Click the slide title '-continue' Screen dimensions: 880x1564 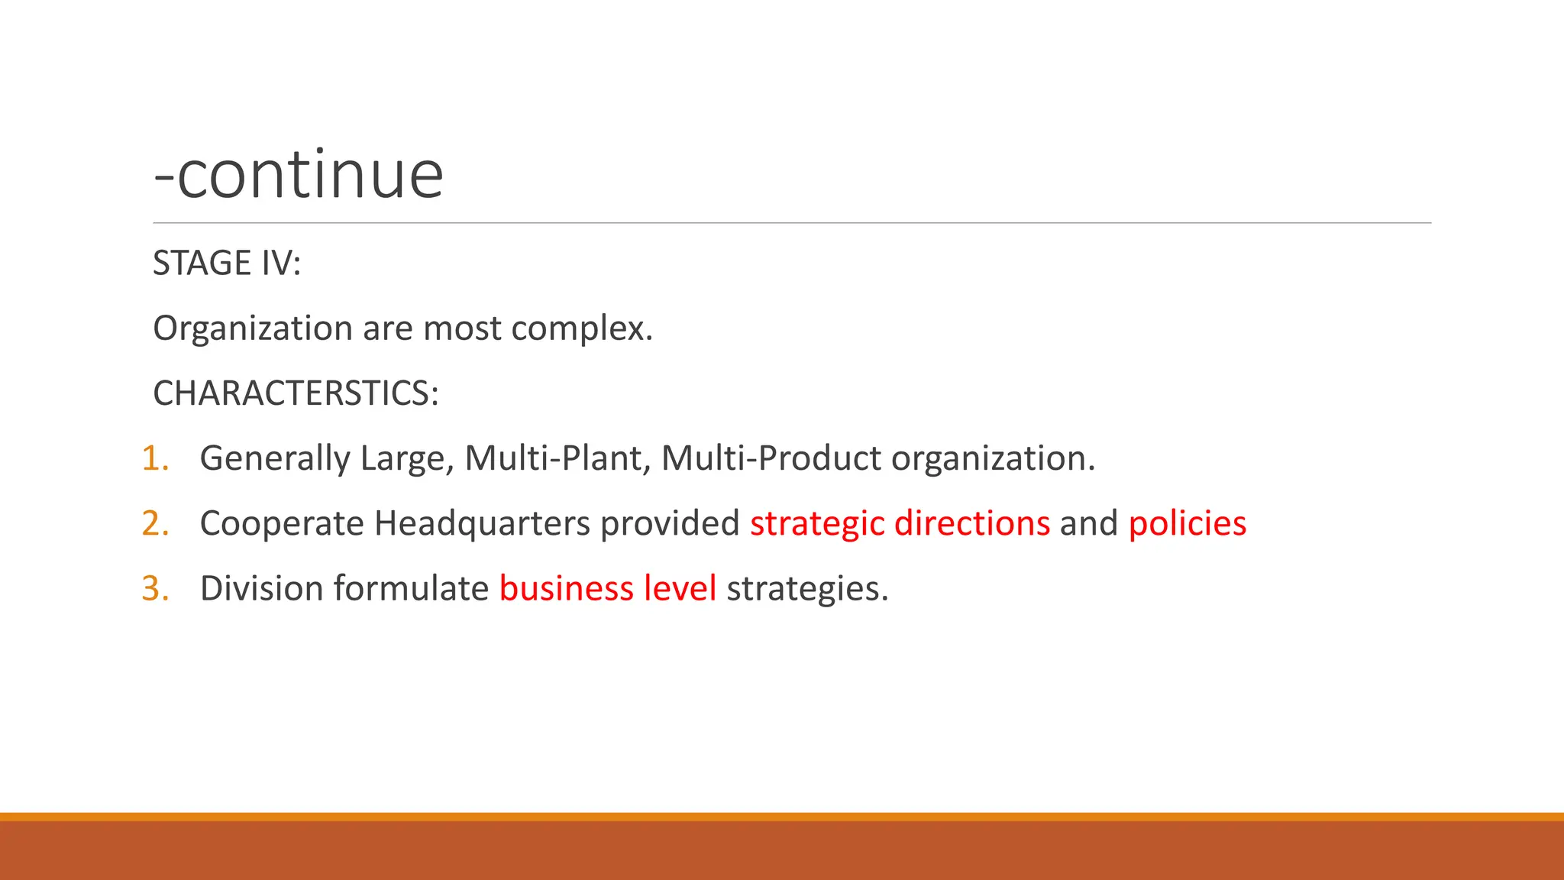click(x=299, y=175)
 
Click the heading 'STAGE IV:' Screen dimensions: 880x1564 click(x=227, y=264)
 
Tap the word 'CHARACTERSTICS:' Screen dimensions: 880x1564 click(x=296, y=394)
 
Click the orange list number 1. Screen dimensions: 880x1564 click(x=155, y=458)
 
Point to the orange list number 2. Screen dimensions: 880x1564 click(x=155, y=524)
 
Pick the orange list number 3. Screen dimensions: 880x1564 click(x=155, y=589)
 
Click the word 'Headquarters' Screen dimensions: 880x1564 click(x=482, y=524)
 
